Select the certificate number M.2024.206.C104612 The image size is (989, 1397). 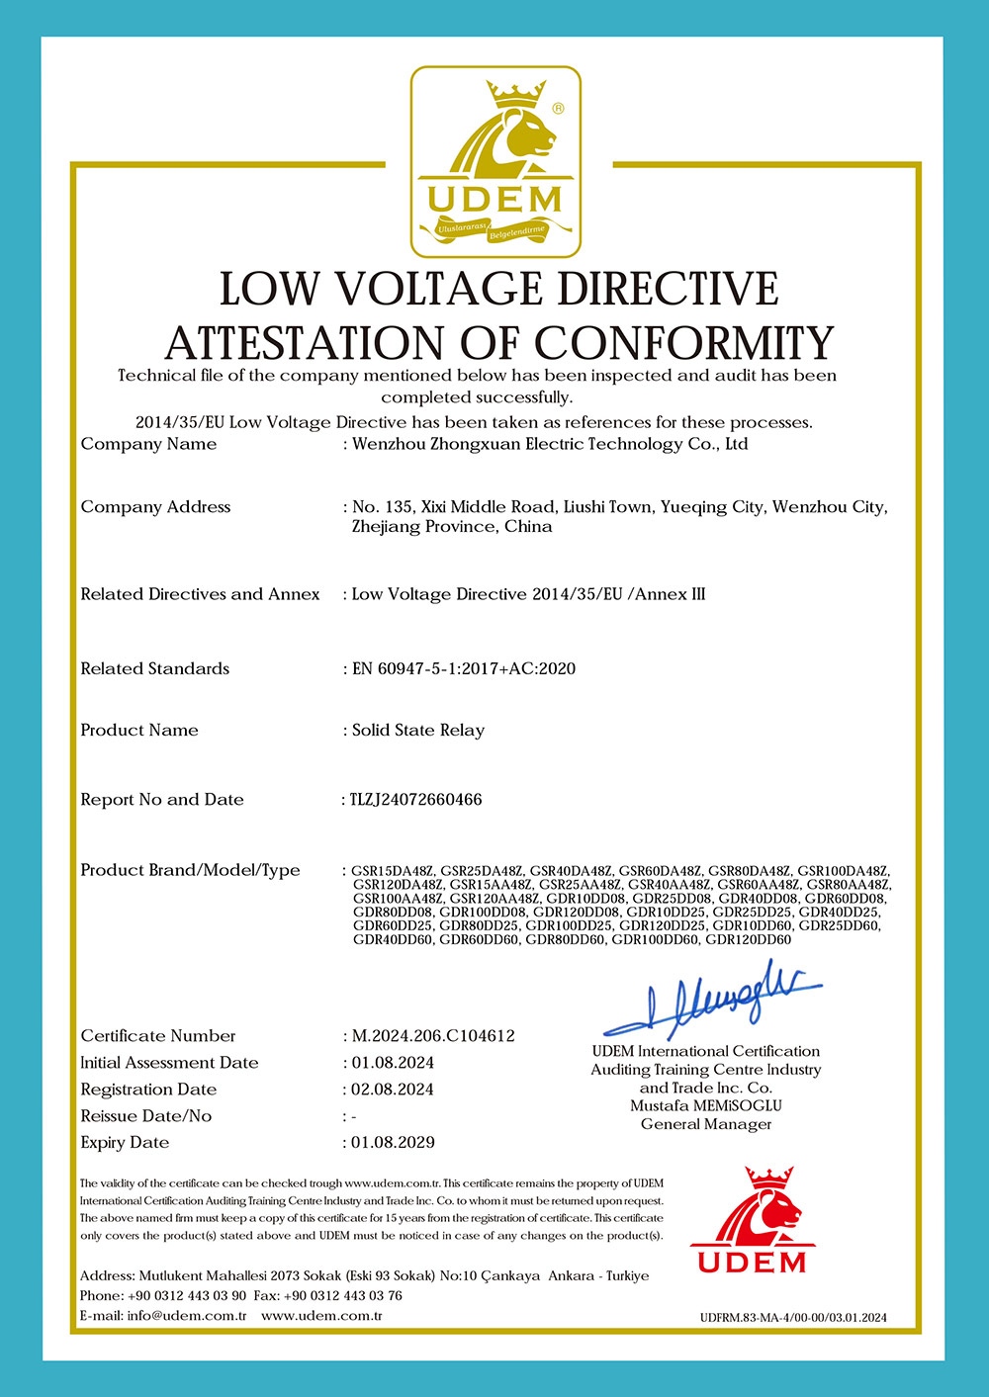(433, 1036)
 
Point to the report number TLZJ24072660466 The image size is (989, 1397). (416, 799)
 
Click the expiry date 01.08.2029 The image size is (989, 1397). (393, 1142)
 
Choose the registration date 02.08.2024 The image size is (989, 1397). (393, 1089)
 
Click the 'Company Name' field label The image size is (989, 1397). (148, 444)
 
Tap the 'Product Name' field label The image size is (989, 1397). (139, 730)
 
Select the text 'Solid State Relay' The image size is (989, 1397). (418, 730)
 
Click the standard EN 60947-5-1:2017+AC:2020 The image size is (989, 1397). (464, 668)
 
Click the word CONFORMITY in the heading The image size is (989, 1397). (684, 343)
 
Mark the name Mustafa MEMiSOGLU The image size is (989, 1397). (706, 1105)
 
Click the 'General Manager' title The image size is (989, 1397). (706, 1124)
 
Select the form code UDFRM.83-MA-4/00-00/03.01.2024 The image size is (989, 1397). (793, 1317)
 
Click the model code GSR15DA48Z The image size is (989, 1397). (393, 870)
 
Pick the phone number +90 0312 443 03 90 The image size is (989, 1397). (187, 1295)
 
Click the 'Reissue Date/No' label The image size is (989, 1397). (146, 1115)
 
